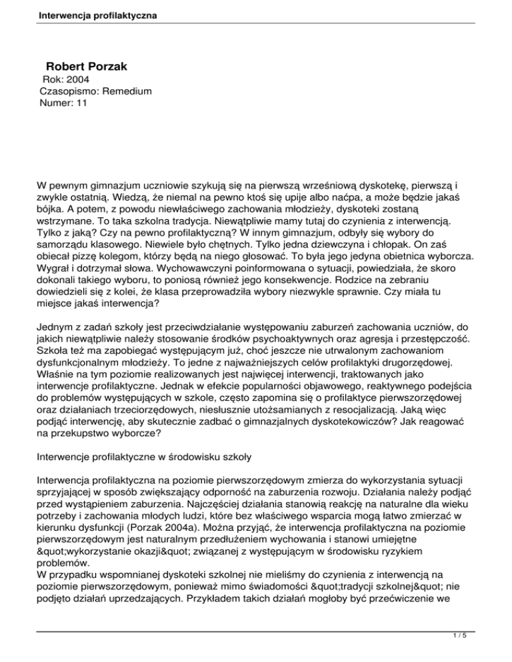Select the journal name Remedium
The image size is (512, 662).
125,92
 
